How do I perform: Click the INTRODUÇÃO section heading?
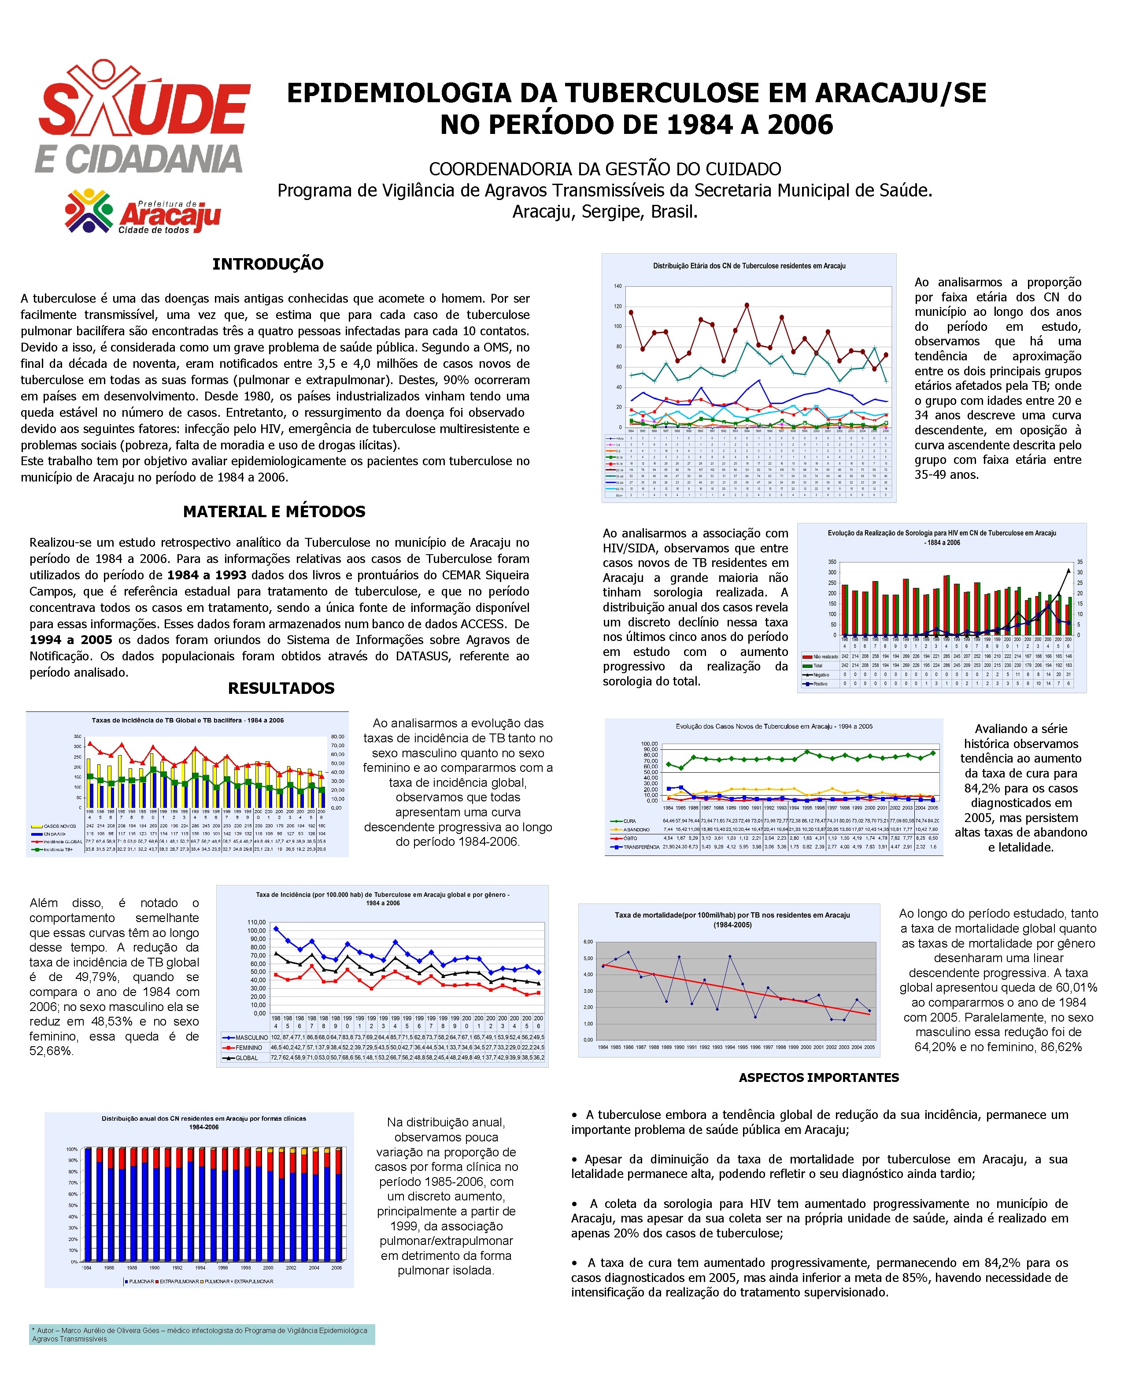pyautogui.click(x=267, y=264)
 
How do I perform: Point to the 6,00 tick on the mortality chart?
pyautogui.click(x=588, y=941)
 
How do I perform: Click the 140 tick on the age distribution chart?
pyautogui.click(x=617, y=286)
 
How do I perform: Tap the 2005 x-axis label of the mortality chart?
pyautogui.click(x=869, y=1048)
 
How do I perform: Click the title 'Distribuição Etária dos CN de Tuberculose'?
pyautogui.click(x=749, y=266)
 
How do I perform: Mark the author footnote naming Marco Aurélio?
pyautogui.click(x=201, y=1334)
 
